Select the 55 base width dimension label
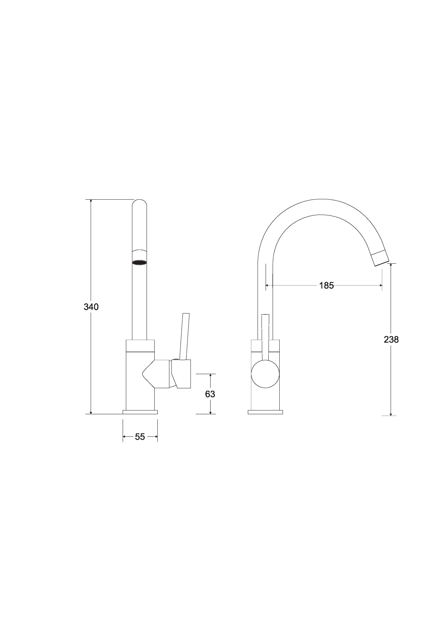pos(140,437)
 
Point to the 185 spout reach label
pos(326,285)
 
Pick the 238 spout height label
pos(391,340)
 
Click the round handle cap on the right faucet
pos(265,374)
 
